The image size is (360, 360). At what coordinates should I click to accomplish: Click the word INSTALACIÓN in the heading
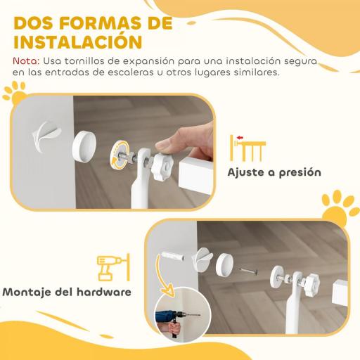(x=73, y=41)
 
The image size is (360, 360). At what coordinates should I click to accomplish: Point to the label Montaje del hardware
(x=66, y=290)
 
